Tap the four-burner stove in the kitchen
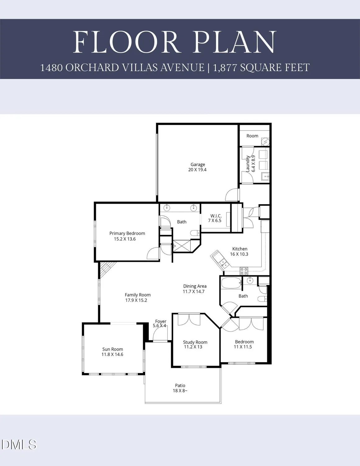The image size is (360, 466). click(244, 271)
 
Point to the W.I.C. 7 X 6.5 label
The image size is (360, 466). click(215, 218)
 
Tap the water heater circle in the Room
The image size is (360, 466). click(265, 142)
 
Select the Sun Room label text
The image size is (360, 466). click(112, 349)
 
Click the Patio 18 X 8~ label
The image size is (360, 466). click(180, 388)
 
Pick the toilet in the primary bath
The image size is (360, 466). click(195, 233)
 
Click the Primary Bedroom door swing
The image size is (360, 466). click(153, 254)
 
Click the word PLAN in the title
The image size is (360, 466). click(235, 42)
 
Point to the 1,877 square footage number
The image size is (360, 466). click(225, 67)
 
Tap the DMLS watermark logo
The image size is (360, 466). click(19, 445)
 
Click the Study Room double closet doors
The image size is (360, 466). click(189, 320)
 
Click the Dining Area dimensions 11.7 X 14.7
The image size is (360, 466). click(194, 291)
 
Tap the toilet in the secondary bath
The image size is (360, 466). click(262, 299)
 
